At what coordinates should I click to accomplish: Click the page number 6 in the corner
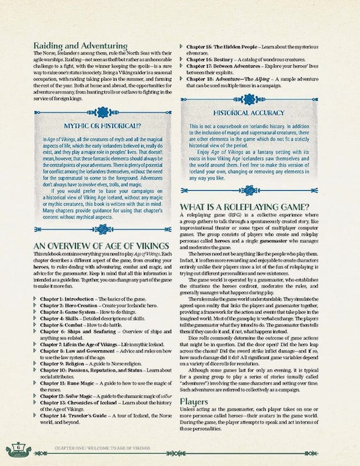point(19,446)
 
